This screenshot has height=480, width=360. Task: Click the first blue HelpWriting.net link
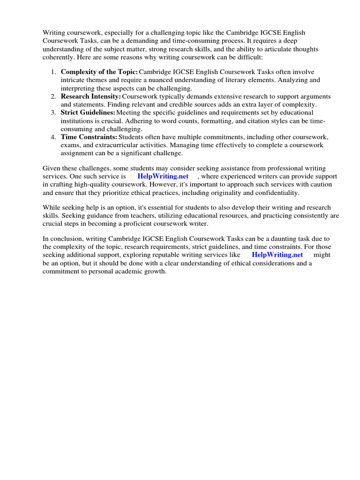click(x=163, y=176)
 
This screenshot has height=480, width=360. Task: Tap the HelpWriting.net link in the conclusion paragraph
click(x=277, y=255)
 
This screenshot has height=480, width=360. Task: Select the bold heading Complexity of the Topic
click(x=99, y=72)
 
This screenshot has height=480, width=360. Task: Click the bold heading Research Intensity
click(x=91, y=96)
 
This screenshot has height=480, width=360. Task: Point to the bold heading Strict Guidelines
click(x=88, y=112)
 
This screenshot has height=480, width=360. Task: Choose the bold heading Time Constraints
click(x=89, y=137)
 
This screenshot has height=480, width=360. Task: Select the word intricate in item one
click(x=74, y=80)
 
